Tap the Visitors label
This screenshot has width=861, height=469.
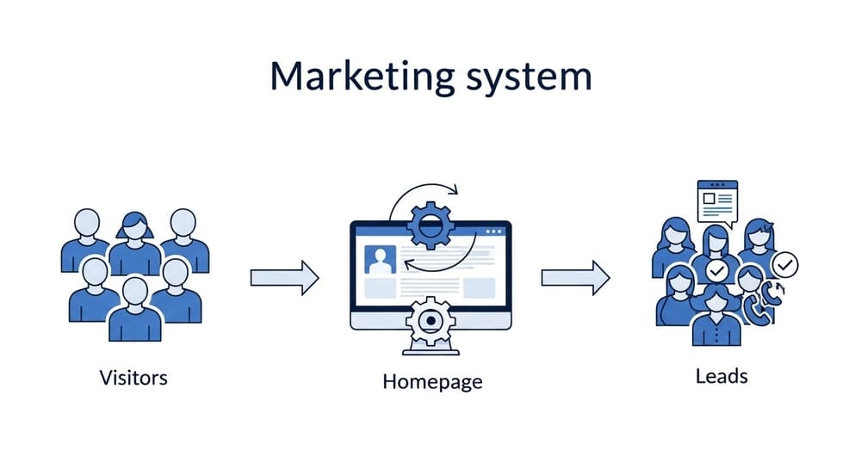point(133,376)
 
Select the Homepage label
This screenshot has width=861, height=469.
point(432,380)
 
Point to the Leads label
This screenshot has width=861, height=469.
point(722,376)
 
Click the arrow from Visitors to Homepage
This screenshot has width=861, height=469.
point(284,277)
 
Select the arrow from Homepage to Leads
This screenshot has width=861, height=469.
point(575,277)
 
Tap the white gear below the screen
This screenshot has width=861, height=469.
point(430,322)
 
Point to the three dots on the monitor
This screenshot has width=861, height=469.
point(493,231)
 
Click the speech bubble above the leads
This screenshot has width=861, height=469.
point(717,203)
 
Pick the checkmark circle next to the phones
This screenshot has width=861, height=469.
point(784,264)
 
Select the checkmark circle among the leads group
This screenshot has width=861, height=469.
point(717,272)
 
